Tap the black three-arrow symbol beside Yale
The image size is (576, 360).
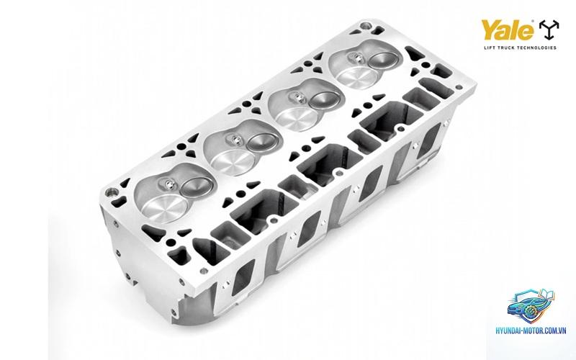[549, 30]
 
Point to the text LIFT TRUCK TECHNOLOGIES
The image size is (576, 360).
[520, 48]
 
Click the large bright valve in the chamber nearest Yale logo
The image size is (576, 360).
[355, 77]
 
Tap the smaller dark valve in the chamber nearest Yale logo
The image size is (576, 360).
[384, 60]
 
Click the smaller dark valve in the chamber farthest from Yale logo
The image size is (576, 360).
[197, 186]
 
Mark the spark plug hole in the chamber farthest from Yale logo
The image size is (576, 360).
[168, 184]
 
